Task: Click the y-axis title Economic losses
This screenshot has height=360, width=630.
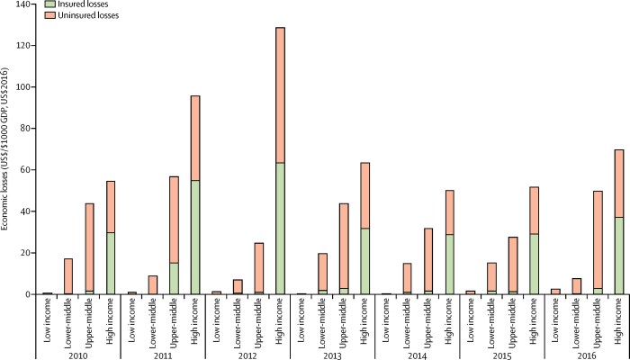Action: tap(8, 148)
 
